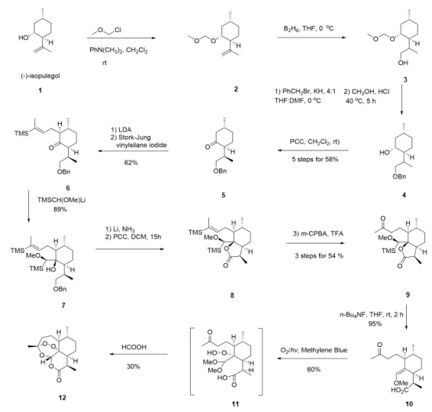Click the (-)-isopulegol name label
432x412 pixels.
tap(40, 76)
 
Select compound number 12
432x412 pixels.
tap(63, 397)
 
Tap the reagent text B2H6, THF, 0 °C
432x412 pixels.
tap(308, 28)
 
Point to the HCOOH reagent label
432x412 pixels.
tap(134, 347)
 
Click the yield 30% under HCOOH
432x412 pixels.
tap(134, 366)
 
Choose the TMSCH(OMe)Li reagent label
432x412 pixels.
tap(61, 200)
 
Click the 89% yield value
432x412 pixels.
tap(60, 209)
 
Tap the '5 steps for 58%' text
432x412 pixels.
tap(315, 159)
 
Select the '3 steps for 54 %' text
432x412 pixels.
tap(319, 256)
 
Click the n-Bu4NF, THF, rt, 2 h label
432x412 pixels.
tap(371, 314)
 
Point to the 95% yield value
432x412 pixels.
tap(375, 323)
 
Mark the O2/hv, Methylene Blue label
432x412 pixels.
tap(314, 350)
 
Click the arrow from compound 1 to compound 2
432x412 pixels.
tap(121, 38)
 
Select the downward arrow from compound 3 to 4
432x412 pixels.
tap(401, 99)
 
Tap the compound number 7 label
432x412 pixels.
tap(63, 305)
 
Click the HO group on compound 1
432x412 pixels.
tap(23, 37)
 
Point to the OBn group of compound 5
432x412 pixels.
tap(220, 171)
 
